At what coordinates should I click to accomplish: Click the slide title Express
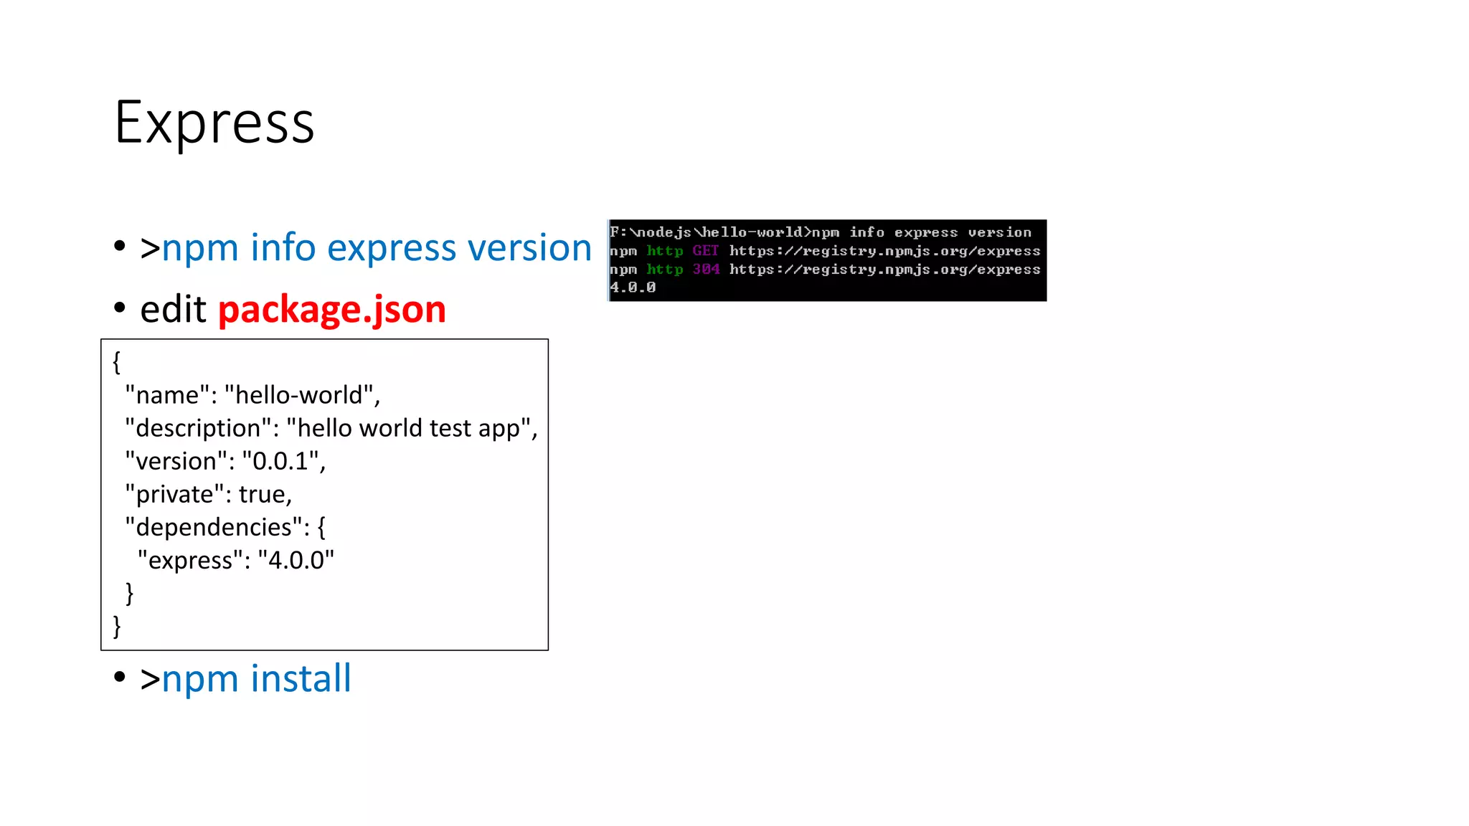pos(214,123)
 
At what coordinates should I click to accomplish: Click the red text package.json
pos(331,310)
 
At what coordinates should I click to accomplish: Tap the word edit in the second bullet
pos(173,310)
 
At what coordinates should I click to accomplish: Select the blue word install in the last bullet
pos(301,678)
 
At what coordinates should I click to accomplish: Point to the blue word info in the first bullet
pos(283,248)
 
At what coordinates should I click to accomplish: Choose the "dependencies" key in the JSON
pos(213,527)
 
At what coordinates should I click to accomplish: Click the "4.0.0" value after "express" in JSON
pos(296,560)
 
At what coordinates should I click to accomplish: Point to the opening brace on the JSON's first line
pos(117,362)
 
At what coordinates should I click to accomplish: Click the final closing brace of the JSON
pos(117,626)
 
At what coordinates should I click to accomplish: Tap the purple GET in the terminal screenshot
pos(705,251)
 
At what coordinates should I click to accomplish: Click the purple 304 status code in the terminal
pos(706,270)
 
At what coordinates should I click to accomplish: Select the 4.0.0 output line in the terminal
pos(633,288)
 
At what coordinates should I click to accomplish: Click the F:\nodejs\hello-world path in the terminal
pos(707,232)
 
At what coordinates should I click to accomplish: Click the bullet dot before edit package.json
pos(120,308)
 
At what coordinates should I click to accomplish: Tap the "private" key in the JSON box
pos(173,494)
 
